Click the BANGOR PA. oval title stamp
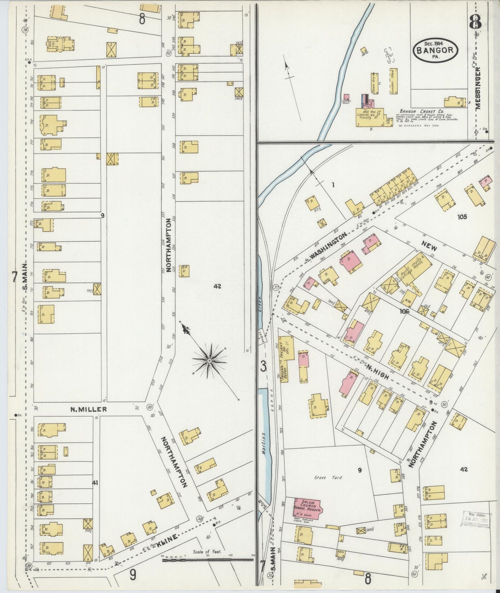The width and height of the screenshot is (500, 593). (436, 51)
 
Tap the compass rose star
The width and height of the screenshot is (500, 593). (209, 361)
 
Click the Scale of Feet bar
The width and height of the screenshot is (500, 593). (208, 559)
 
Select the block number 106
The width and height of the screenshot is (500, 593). (404, 311)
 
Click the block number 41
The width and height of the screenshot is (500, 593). (95, 482)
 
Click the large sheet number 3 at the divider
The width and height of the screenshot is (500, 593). (264, 367)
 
